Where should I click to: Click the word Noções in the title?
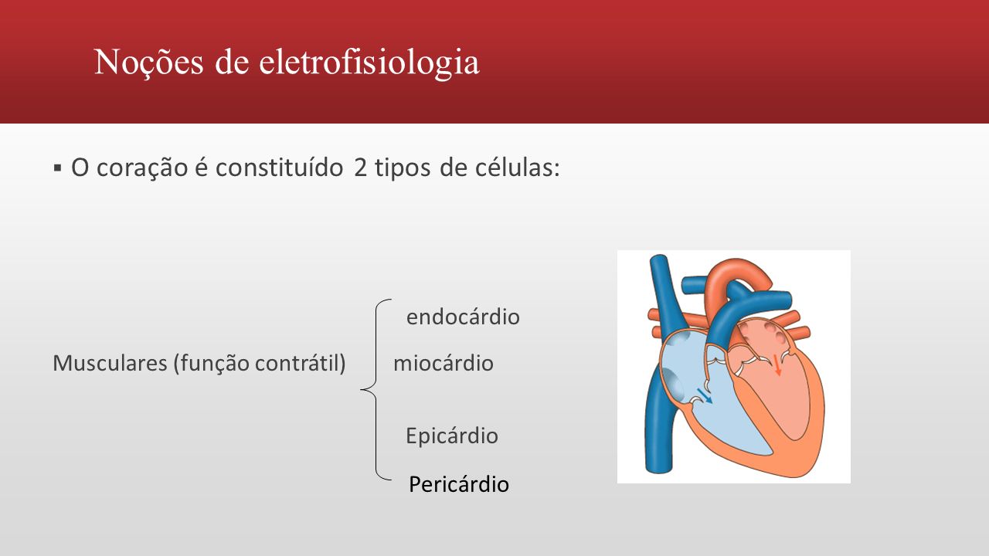[149, 62]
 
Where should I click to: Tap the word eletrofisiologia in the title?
[369, 62]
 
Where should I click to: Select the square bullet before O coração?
[57, 168]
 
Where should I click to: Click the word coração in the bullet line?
[142, 168]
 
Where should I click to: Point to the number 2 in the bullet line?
[360, 168]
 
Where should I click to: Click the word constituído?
[280, 168]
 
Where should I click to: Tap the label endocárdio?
[463, 317]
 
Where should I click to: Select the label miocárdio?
[444, 363]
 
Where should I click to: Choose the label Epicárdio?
[452, 436]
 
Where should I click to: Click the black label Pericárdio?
[459, 484]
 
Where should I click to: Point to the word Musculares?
[110, 363]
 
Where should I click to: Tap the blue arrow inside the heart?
[705, 396]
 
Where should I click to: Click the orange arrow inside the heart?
[777, 365]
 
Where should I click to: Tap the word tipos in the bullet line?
[403, 168]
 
